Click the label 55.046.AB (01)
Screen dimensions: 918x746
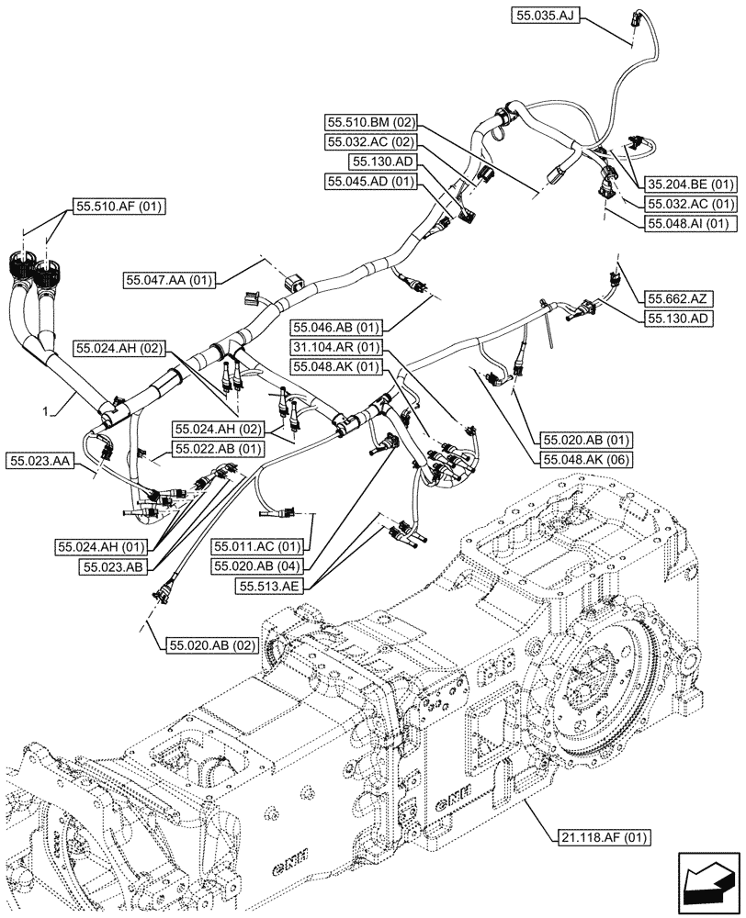[335, 327]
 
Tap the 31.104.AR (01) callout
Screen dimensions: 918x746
[335, 347]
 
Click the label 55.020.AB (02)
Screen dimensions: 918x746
[211, 645]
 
